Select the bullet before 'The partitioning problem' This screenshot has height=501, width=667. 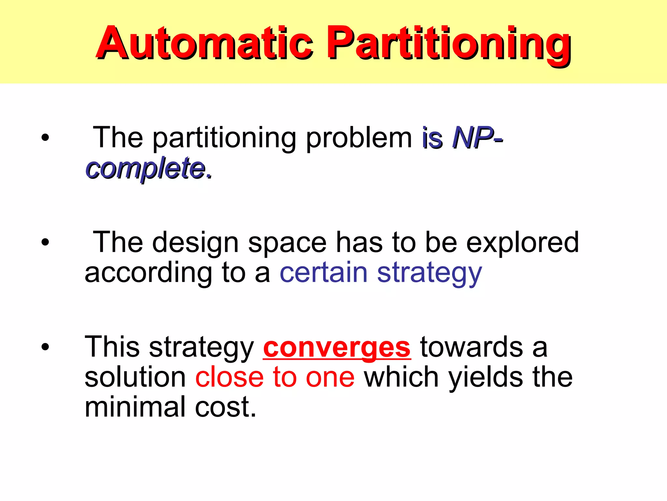pyautogui.click(x=45, y=137)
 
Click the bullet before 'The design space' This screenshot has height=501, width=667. pyautogui.click(x=45, y=242)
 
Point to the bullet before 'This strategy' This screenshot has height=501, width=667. pyautogui.click(x=45, y=347)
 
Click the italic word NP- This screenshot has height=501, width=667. pyautogui.click(x=477, y=138)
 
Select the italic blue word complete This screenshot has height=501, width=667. pyautogui.click(x=148, y=168)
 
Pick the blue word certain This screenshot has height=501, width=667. pyautogui.click(x=323, y=273)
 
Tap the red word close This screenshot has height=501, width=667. pyautogui.click(x=229, y=377)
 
